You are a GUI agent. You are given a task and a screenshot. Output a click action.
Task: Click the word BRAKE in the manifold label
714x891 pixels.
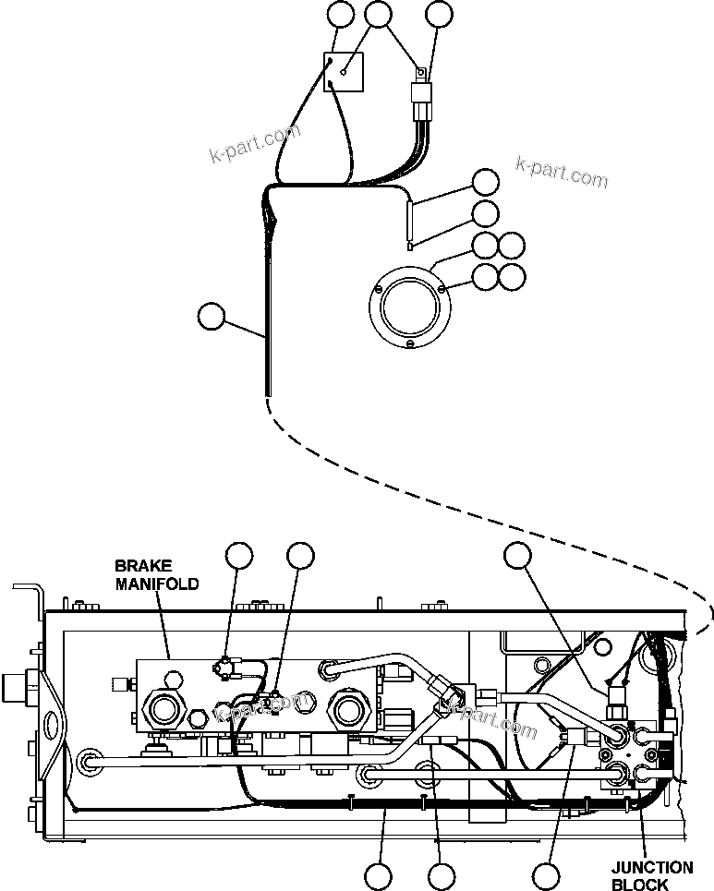pyautogui.click(x=137, y=565)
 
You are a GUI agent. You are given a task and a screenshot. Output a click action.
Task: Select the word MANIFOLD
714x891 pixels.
pyautogui.click(x=156, y=584)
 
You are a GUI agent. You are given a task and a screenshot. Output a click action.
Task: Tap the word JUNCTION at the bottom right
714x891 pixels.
pyautogui.click(x=651, y=868)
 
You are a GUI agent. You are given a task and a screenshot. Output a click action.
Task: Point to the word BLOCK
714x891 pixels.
pyautogui.click(x=639, y=885)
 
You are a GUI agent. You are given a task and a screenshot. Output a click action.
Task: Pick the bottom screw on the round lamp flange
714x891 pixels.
pyautogui.click(x=408, y=345)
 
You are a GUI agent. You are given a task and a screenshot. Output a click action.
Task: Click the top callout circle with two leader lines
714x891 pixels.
pyautogui.click(x=379, y=15)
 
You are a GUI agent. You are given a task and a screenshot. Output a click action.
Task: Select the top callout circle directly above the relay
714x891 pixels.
pyautogui.click(x=439, y=15)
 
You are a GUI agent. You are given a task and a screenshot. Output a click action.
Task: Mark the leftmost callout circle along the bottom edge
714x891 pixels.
pyautogui.click(x=378, y=875)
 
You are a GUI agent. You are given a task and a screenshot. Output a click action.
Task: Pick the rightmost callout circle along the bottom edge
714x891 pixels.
pyautogui.click(x=547, y=875)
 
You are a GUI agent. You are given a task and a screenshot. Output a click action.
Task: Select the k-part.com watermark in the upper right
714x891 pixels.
pyautogui.click(x=562, y=171)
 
